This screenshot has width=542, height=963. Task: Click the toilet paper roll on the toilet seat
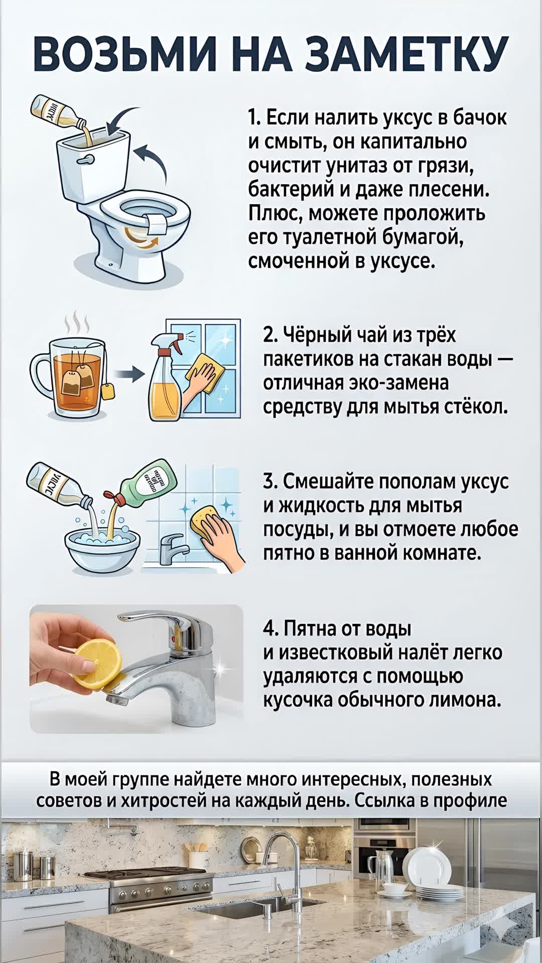(x=159, y=223)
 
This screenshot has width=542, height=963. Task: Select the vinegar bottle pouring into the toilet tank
(x=58, y=111)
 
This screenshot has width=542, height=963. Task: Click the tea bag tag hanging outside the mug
(x=107, y=392)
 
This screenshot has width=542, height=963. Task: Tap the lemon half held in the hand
(x=98, y=663)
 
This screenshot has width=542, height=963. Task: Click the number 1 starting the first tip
(x=252, y=118)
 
